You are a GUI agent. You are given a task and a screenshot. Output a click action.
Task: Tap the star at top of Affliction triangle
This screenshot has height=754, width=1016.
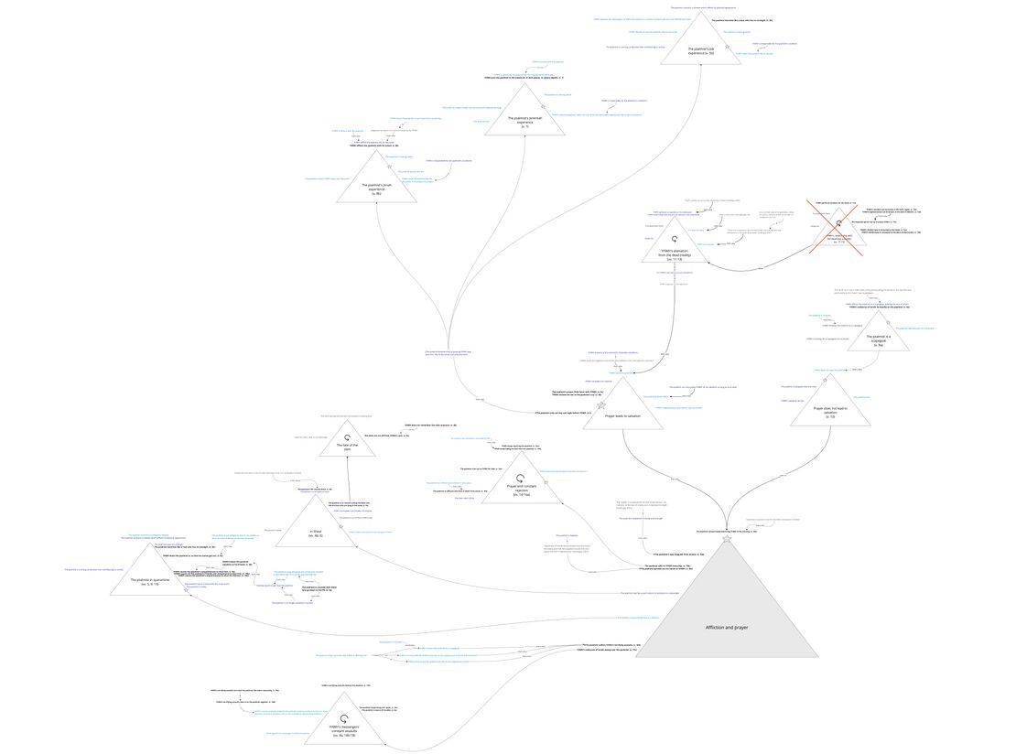[x=728, y=539]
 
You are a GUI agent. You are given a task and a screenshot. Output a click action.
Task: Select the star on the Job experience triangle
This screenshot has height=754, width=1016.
[x=728, y=46]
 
